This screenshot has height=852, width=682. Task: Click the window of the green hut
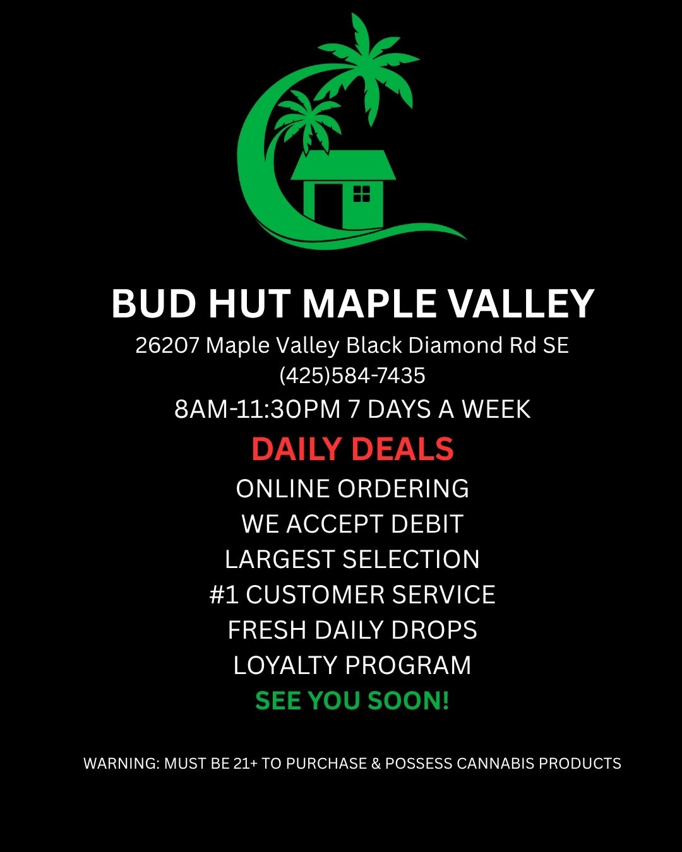click(361, 193)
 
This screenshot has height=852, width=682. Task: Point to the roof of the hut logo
click(343, 165)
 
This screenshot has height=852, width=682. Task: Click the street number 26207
click(167, 345)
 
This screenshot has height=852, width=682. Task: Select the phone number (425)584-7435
click(352, 376)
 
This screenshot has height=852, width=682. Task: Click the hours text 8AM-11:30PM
click(258, 409)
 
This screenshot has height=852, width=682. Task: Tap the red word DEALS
click(402, 449)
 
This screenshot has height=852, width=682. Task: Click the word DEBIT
click(427, 524)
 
